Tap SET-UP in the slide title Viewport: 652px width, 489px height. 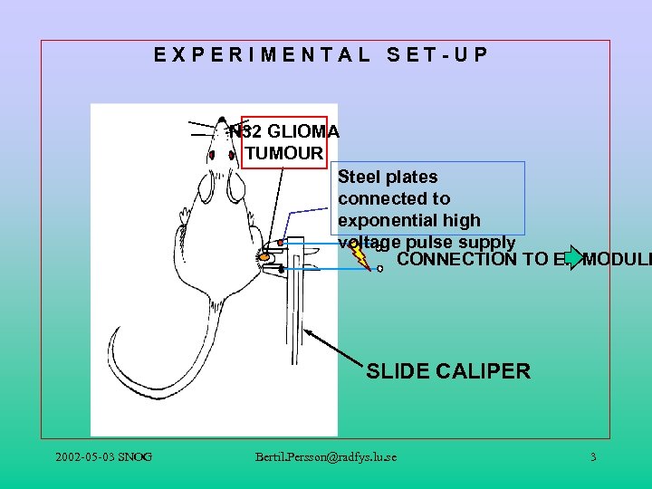click(x=437, y=54)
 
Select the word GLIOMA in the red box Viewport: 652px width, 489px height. click(x=297, y=131)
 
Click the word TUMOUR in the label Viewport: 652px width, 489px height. click(x=283, y=153)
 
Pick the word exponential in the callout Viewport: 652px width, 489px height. click(x=381, y=220)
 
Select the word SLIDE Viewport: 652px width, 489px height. click(x=398, y=371)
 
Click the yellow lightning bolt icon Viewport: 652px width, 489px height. click(x=360, y=255)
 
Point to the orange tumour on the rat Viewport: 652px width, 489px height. click(x=265, y=258)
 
